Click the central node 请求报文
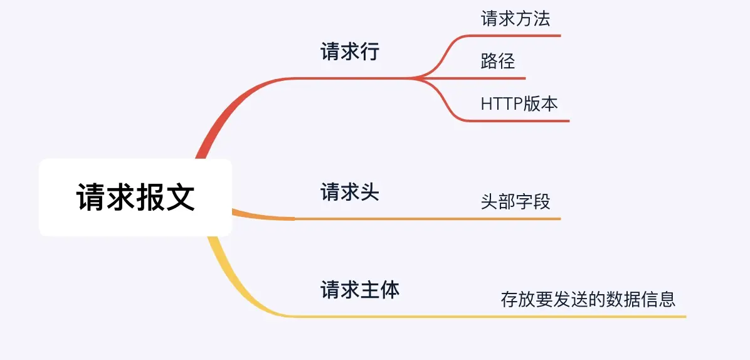pyautogui.click(x=135, y=198)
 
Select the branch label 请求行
pyautogui.click(x=350, y=51)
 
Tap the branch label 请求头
pyautogui.click(x=350, y=191)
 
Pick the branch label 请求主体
pyautogui.click(x=360, y=289)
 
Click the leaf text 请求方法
pyautogui.click(x=515, y=19)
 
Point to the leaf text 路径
pyautogui.click(x=498, y=61)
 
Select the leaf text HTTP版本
pyautogui.click(x=519, y=103)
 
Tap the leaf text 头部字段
pyautogui.click(x=515, y=202)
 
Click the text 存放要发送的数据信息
pyautogui.click(x=588, y=299)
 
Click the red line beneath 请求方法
pyautogui.click(x=514, y=36)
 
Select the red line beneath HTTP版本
pyautogui.click(x=520, y=120)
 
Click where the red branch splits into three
pyautogui.click(x=417, y=78)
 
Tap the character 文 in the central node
pyautogui.click(x=180, y=198)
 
